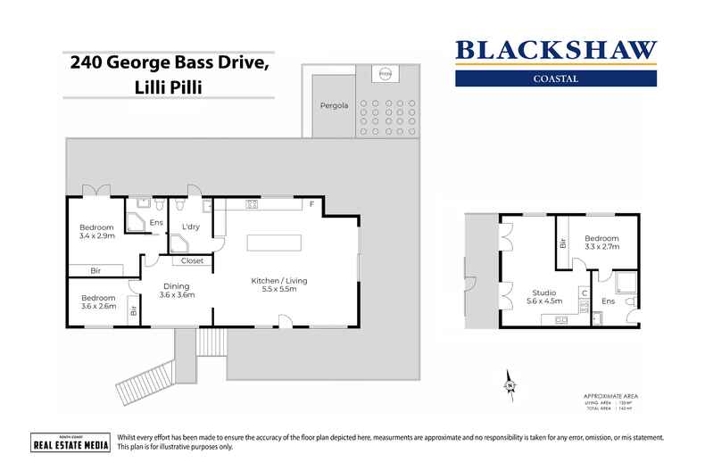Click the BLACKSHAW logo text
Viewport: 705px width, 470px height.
coord(556,50)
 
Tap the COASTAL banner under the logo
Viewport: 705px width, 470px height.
coord(556,78)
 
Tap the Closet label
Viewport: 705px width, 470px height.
coord(192,261)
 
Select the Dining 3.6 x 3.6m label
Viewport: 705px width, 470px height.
coord(177,291)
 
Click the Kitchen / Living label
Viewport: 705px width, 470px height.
coord(278,285)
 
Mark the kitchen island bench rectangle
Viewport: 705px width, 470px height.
coord(274,243)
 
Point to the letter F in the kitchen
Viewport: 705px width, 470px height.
coord(311,205)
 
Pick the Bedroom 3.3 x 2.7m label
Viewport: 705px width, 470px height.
coord(601,243)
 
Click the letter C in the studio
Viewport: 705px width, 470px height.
coord(583,293)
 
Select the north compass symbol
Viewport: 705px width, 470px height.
coord(511,382)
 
